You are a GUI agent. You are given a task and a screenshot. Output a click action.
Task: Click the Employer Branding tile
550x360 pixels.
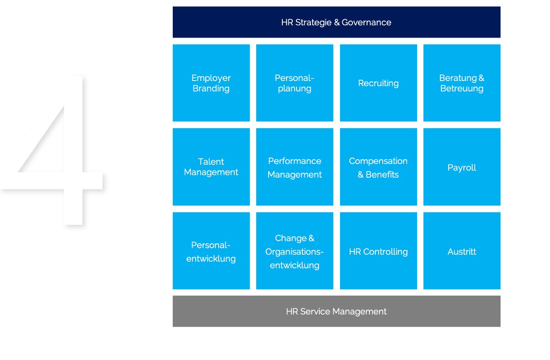click(x=211, y=83)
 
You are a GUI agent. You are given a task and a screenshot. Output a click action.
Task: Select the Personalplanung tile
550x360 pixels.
click(x=295, y=83)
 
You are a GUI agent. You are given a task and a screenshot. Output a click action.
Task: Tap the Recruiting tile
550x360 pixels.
click(x=379, y=83)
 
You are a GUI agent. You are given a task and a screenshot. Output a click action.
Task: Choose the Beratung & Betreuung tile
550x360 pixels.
click(x=462, y=83)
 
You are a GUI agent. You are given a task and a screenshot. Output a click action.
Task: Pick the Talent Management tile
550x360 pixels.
click(x=211, y=167)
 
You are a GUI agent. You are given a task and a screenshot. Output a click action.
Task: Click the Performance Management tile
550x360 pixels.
click(x=295, y=167)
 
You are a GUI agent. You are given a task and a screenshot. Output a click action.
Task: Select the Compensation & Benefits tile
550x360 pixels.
click(x=379, y=167)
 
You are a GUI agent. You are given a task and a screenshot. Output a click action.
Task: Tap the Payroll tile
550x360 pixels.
click(x=462, y=167)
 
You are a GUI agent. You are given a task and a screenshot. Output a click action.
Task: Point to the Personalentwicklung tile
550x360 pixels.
click(x=211, y=251)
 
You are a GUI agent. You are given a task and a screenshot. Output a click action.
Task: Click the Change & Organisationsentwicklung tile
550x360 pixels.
click(x=295, y=251)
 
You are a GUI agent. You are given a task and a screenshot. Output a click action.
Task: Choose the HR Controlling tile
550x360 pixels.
click(x=379, y=251)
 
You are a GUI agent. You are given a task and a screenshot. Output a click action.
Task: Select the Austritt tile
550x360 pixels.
click(x=462, y=251)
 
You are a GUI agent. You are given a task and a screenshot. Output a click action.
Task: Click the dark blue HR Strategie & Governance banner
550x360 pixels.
click(x=336, y=22)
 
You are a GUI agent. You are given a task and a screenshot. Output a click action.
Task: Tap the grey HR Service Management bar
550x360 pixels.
click(x=336, y=311)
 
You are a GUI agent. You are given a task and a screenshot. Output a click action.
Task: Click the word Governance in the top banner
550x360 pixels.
click(x=366, y=22)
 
